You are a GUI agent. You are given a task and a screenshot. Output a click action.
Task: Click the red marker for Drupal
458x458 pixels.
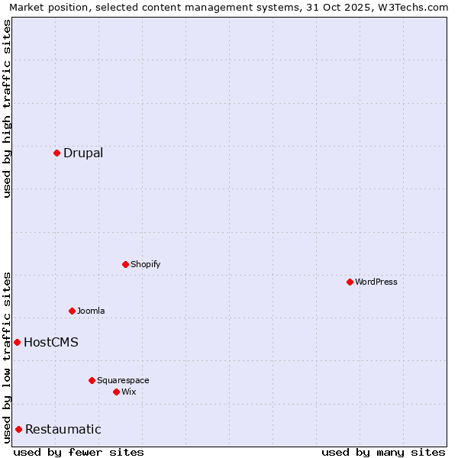tap(56, 153)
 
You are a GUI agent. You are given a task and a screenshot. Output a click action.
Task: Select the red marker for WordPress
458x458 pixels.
tap(350, 282)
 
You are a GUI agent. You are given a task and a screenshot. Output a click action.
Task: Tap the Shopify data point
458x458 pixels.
tap(125, 264)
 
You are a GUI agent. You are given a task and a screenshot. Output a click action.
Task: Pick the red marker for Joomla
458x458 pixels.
tap(72, 311)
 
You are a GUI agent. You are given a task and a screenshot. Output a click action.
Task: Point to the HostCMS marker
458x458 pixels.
tap(17, 342)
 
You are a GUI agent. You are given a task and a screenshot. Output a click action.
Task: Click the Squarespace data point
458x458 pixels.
tap(92, 380)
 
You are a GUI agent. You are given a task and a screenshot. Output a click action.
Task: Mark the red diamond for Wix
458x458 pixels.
tap(116, 392)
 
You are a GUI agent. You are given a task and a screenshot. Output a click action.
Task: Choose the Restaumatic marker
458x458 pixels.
tap(18, 429)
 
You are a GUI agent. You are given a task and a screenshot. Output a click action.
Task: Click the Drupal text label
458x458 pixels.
tap(83, 153)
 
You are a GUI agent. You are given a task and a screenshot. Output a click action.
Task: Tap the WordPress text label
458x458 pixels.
tap(376, 282)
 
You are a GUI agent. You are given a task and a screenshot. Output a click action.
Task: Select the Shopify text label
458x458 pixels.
tap(145, 264)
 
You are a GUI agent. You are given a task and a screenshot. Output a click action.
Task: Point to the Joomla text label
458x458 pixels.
tap(91, 311)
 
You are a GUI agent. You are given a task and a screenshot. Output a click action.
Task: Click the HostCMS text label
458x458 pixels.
tap(51, 342)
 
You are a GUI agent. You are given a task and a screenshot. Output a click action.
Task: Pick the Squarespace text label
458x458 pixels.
tap(123, 380)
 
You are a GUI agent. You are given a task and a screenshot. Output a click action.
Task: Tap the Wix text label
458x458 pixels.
tap(128, 392)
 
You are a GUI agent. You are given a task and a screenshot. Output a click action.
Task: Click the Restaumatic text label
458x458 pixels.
tap(63, 429)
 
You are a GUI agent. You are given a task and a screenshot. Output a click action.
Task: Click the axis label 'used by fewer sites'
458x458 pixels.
tap(79, 452)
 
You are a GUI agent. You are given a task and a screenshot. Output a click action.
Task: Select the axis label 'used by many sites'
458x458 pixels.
tap(383, 452)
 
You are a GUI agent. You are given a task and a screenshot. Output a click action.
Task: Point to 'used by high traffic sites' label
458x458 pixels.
tap(7, 108)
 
